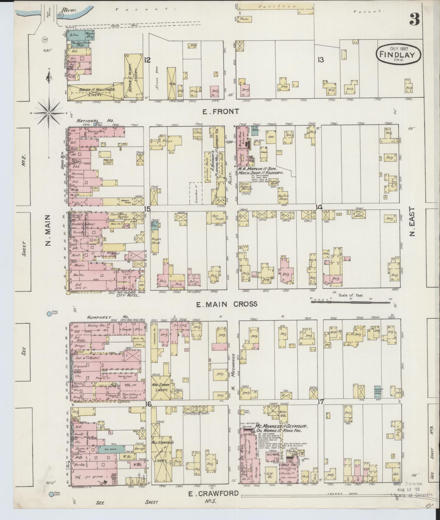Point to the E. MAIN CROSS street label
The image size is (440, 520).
[226, 304]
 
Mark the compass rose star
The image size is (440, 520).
[49, 113]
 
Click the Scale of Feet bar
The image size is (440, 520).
[351, 302]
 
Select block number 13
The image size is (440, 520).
[321, 60]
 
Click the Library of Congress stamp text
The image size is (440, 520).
[411, 495]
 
